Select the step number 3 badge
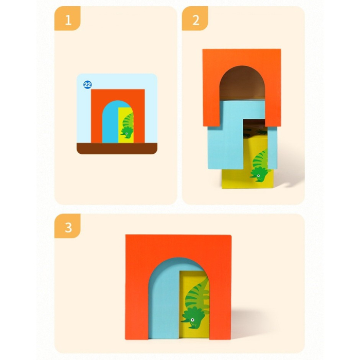coord(68,226)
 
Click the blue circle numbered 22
coord(87,84)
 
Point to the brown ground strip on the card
coord(117,149)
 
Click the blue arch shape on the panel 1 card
coord(110,123)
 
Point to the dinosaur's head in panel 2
coord(261,176)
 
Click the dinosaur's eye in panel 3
coord(192,320)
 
